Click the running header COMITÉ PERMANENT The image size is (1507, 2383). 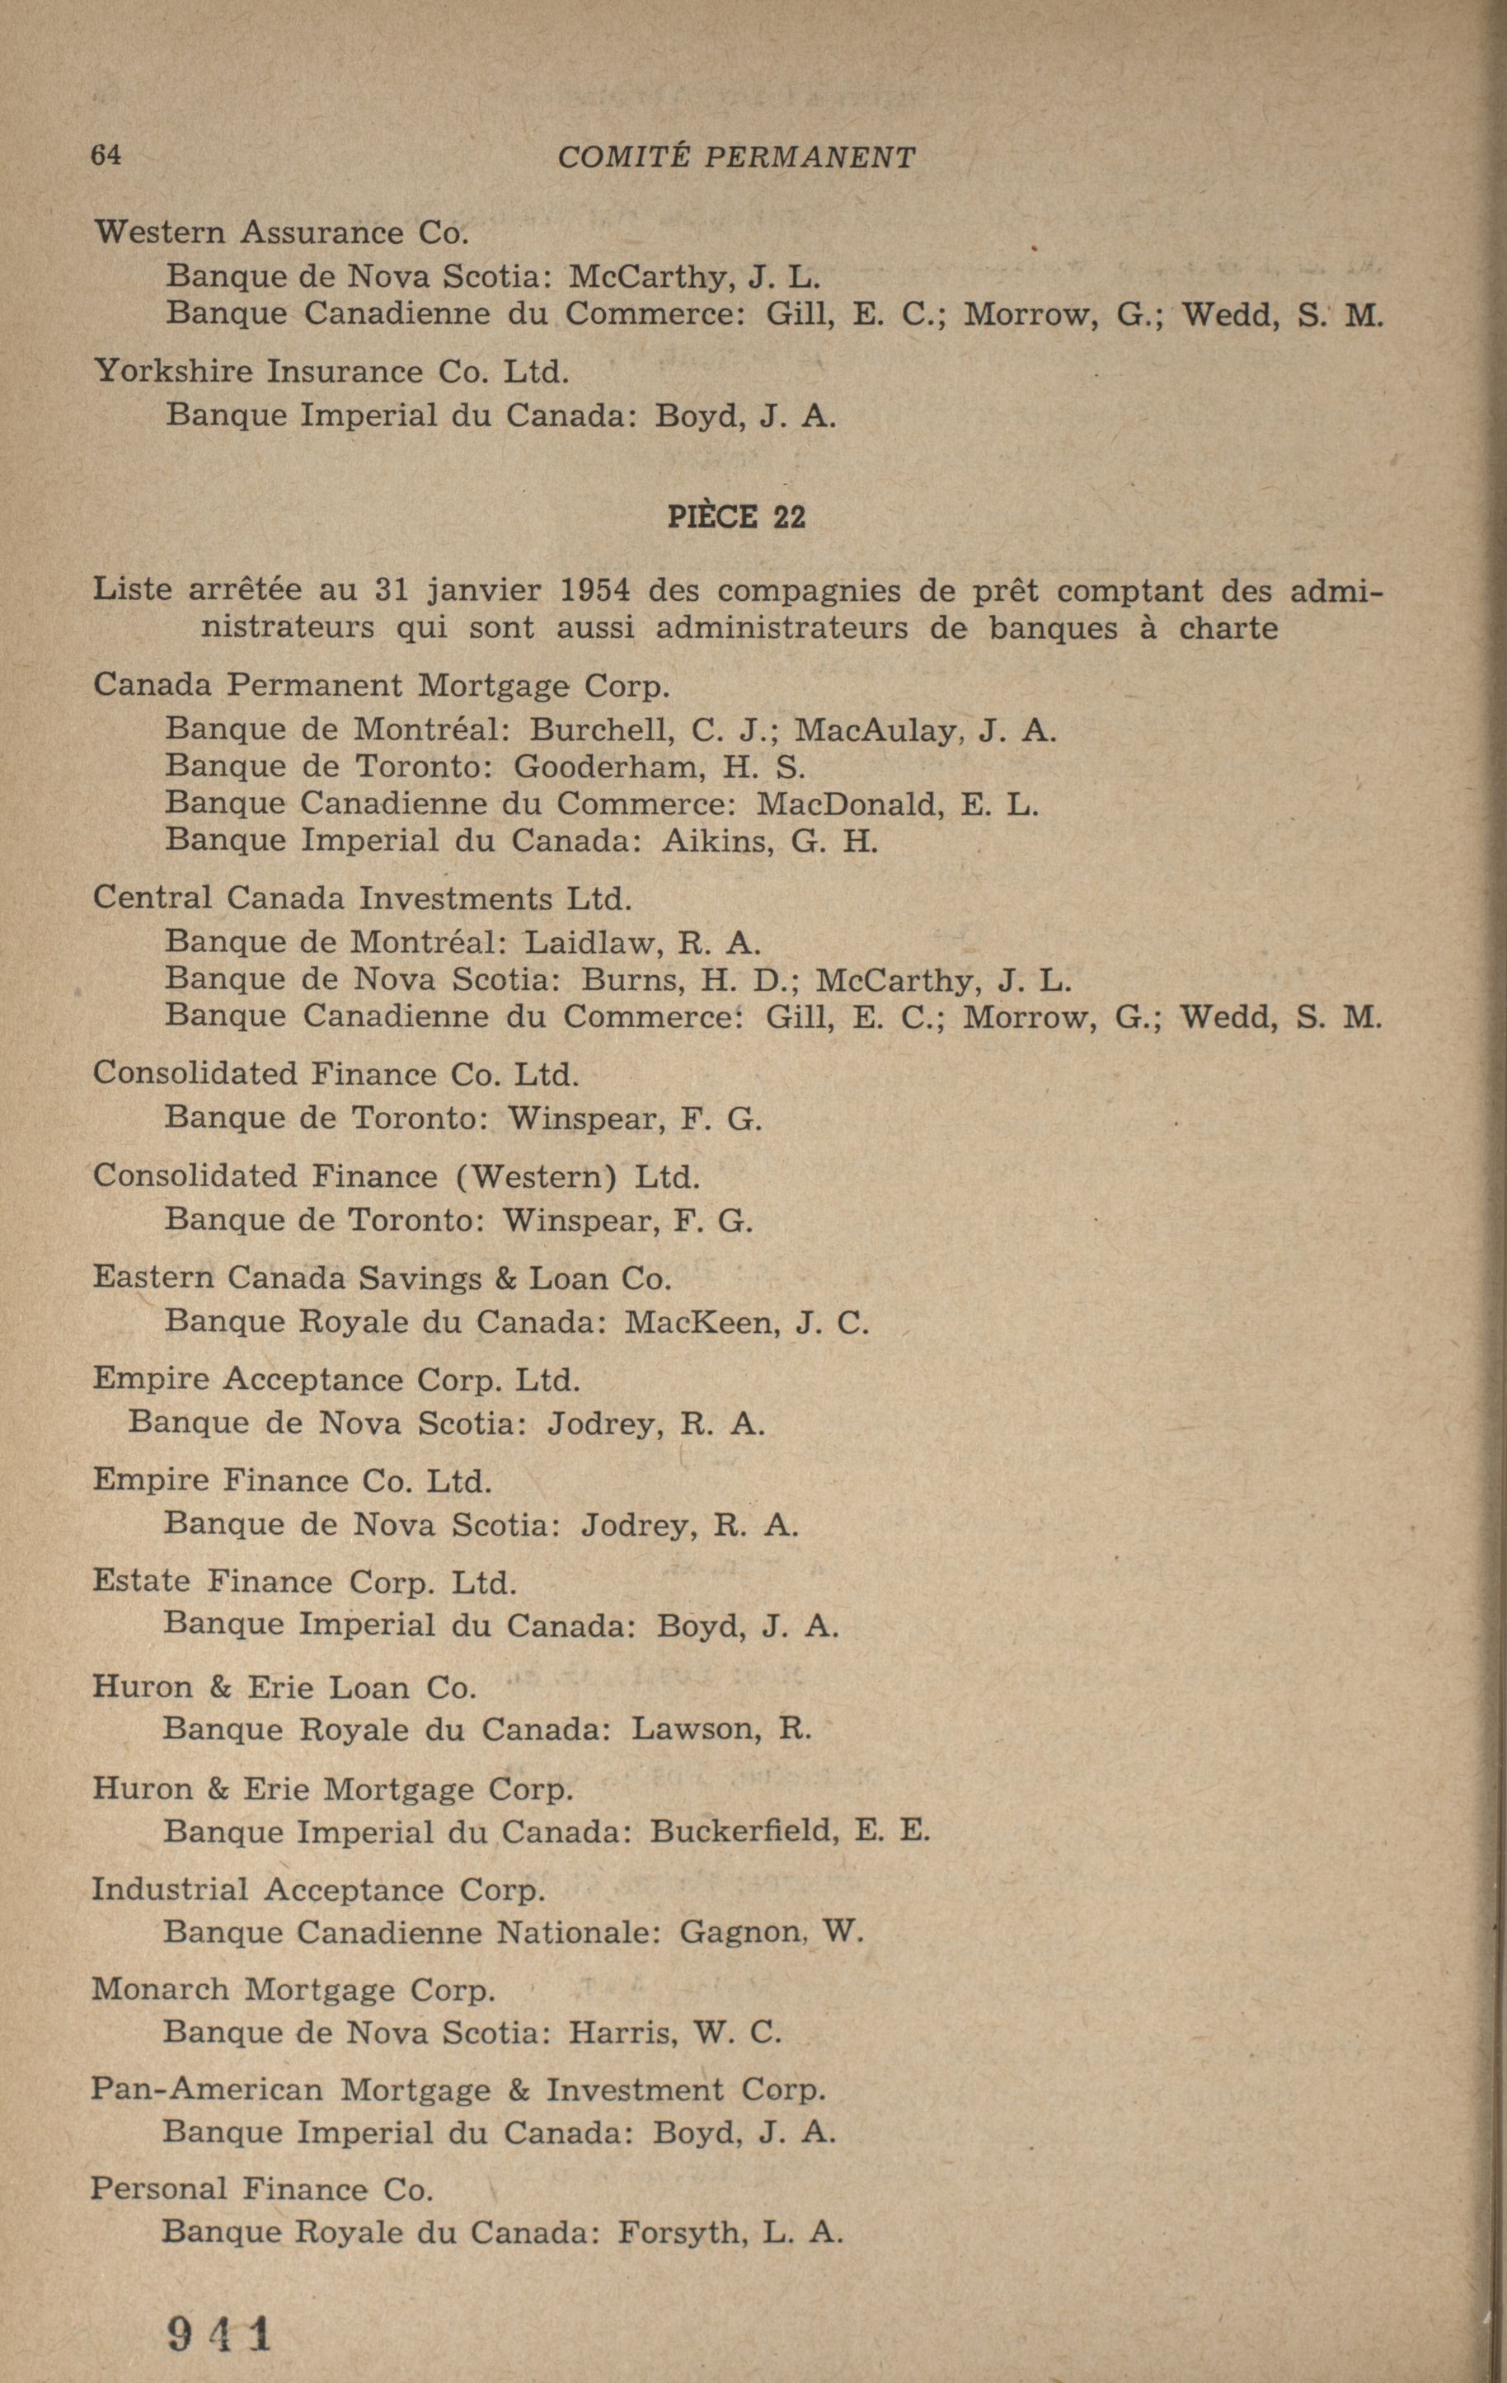(736, 157)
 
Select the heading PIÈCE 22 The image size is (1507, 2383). (736, 517)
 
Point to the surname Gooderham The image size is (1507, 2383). (599, 766)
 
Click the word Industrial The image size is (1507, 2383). (169, 1890)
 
